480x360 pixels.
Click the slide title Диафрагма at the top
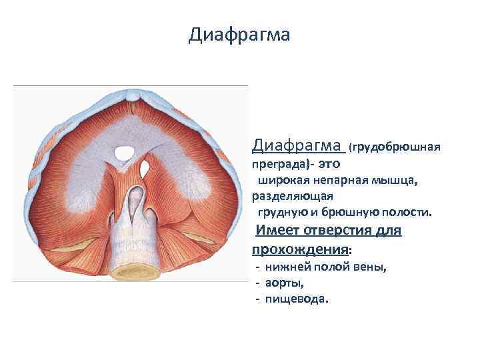[239, 35]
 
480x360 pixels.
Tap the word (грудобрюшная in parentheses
[396, 145]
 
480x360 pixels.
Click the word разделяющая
[293, 197]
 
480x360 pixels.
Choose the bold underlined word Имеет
[277, 231]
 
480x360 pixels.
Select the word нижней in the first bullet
[283, 267]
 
